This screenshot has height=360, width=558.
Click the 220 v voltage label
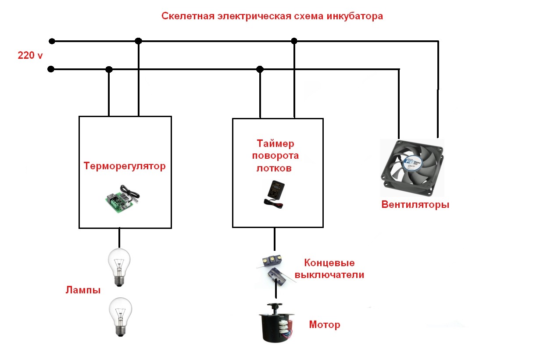30,55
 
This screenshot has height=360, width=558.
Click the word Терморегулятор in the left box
125,166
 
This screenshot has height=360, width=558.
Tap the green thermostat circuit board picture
122,199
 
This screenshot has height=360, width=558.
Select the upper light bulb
119,267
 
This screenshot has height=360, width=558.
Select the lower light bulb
121,317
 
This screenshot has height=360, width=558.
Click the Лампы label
83,290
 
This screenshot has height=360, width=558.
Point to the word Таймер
275,144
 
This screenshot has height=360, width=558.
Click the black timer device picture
274,194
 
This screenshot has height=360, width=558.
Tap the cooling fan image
412,168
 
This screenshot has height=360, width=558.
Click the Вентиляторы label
415,204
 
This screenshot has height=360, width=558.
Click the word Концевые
329,263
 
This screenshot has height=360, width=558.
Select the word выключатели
329,275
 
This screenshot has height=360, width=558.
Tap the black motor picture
276,323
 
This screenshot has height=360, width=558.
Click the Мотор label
325,325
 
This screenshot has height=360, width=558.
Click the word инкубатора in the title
355,16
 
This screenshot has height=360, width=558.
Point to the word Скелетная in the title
188,16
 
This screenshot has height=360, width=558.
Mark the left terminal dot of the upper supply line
52,41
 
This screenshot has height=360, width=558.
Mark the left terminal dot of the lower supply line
51,69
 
